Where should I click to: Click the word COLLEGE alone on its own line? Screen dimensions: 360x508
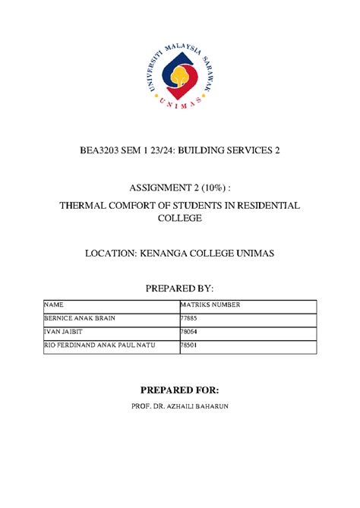tap(180, 219)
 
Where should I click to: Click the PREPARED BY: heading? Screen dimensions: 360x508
tap(180, 289)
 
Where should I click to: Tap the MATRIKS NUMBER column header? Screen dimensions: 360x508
tap(210, 304)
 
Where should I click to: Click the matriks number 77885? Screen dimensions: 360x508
tap(187, 318)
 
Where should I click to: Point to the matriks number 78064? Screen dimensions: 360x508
tap(187, 332)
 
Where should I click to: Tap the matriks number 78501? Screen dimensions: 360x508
tap(187, 346)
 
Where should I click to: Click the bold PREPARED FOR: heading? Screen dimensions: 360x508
tap(180, 390)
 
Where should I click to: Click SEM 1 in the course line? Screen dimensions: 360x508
tap(141, 151)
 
